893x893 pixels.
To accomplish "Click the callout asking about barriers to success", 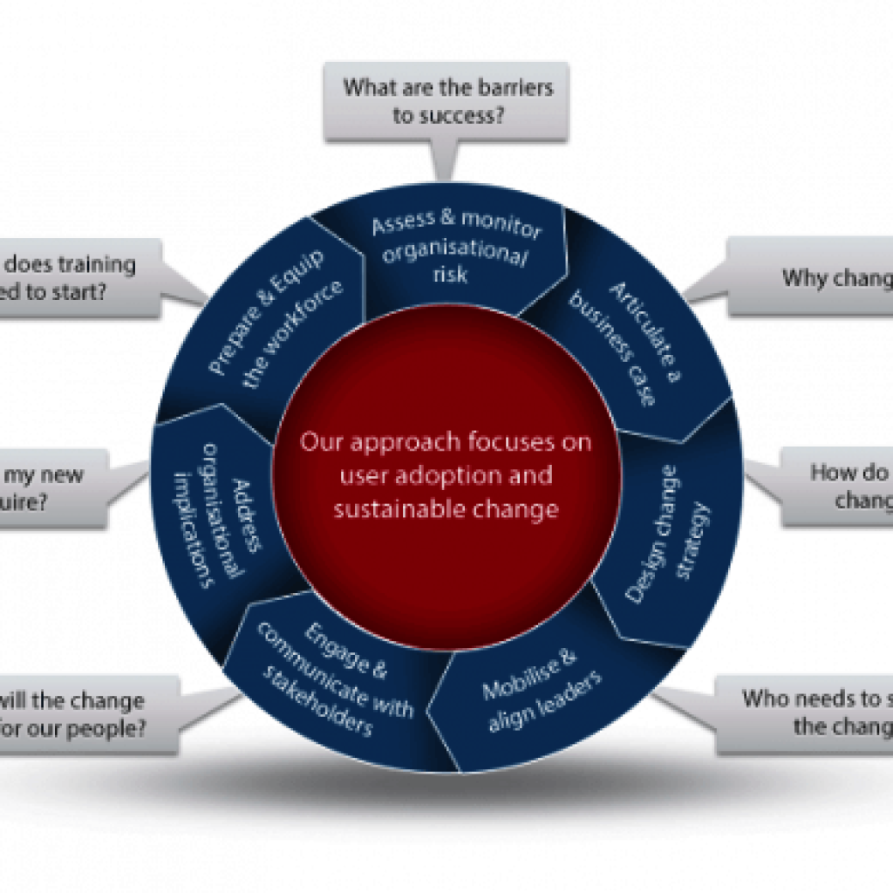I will (446, 101).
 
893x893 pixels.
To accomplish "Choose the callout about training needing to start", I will (78, 277).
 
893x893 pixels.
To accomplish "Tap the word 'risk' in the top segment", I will (450, 276).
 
